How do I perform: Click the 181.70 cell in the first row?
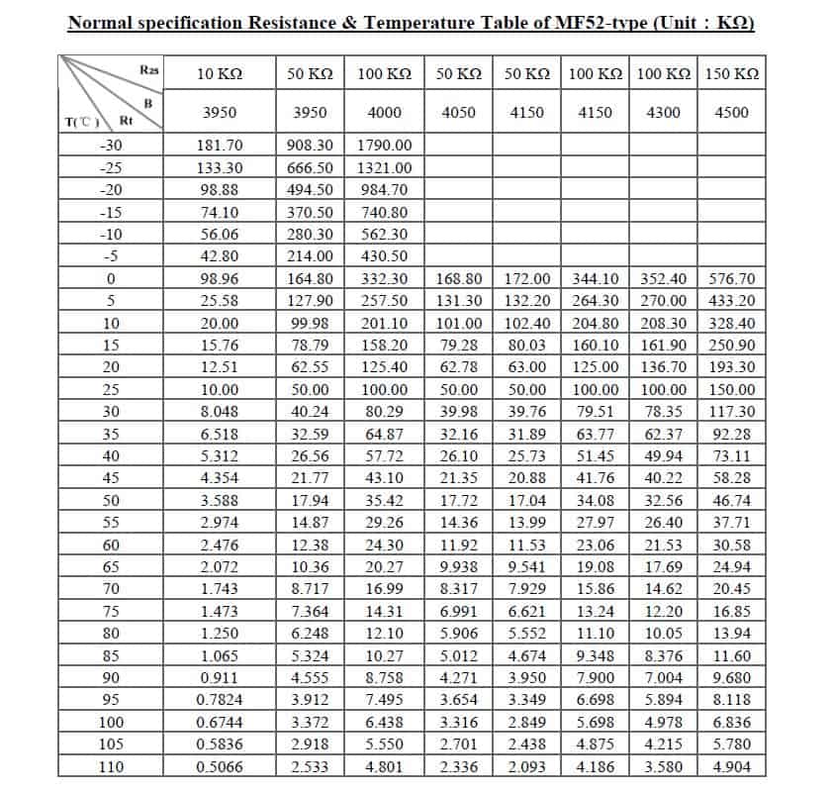(219, 145)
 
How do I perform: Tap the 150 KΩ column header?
(731, 73)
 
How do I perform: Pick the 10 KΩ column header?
(219, 73)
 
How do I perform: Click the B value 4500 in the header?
(731, 112)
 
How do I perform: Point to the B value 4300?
(663, 112)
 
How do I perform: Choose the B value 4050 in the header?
(458, 112)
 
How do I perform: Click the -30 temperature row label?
(111, 145)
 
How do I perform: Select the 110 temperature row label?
(111, 766)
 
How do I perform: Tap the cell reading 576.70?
(731, 279)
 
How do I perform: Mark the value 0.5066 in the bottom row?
(219, 766)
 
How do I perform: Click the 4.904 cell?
(731, 766)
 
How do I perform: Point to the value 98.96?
(219, 279)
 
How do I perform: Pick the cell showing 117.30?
(731, 412)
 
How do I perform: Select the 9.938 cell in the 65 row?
(458, 567)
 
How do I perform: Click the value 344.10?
(595, 279)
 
